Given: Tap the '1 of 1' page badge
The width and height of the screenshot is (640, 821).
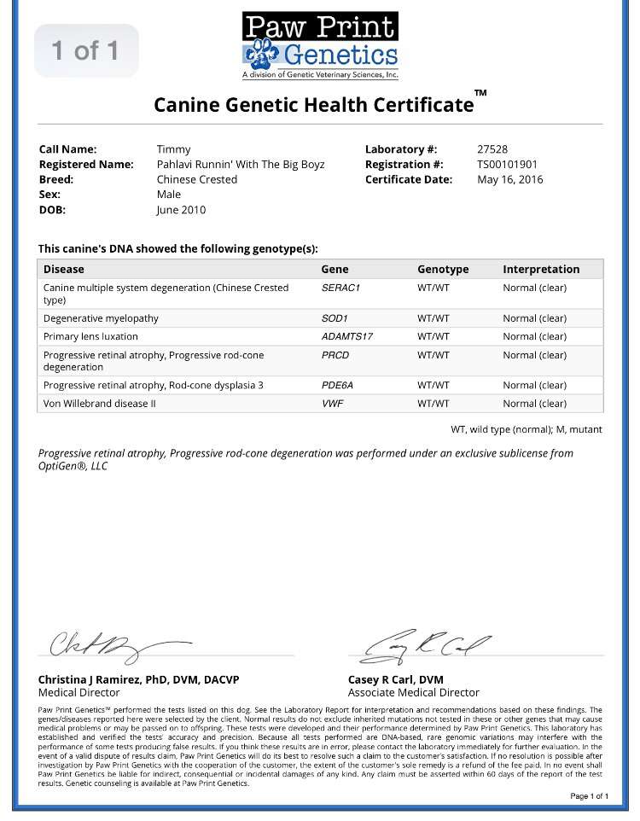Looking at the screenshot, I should coord(85,50).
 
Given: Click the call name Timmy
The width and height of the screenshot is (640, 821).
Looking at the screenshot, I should coord(173,149).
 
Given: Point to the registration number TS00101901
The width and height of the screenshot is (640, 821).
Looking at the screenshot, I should coord(507,165).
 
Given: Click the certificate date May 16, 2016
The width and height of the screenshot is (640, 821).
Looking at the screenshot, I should coord(509,180).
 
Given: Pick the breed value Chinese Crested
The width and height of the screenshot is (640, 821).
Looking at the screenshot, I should coord(196,180).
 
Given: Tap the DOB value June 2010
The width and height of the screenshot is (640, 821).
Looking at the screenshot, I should coord(181,210).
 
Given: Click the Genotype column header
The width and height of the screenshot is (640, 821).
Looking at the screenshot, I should coord(443,270).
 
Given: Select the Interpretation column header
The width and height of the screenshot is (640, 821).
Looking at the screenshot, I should coord(541,270).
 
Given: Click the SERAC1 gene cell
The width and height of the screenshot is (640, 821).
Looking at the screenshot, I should coord(340,288).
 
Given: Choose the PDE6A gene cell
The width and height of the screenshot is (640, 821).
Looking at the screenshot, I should coord(337,386).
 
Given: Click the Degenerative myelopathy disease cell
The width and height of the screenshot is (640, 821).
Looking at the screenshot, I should coord(101,318).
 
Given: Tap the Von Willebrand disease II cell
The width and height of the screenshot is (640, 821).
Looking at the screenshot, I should coord(100,404).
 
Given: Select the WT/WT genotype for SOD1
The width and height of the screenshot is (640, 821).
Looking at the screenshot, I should coord(433,318).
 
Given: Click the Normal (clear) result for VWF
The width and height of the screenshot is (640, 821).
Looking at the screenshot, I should coord(534,404).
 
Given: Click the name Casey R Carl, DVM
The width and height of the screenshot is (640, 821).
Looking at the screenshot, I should coord(396,679).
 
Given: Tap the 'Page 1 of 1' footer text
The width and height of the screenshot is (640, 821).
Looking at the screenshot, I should coord(589,796).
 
